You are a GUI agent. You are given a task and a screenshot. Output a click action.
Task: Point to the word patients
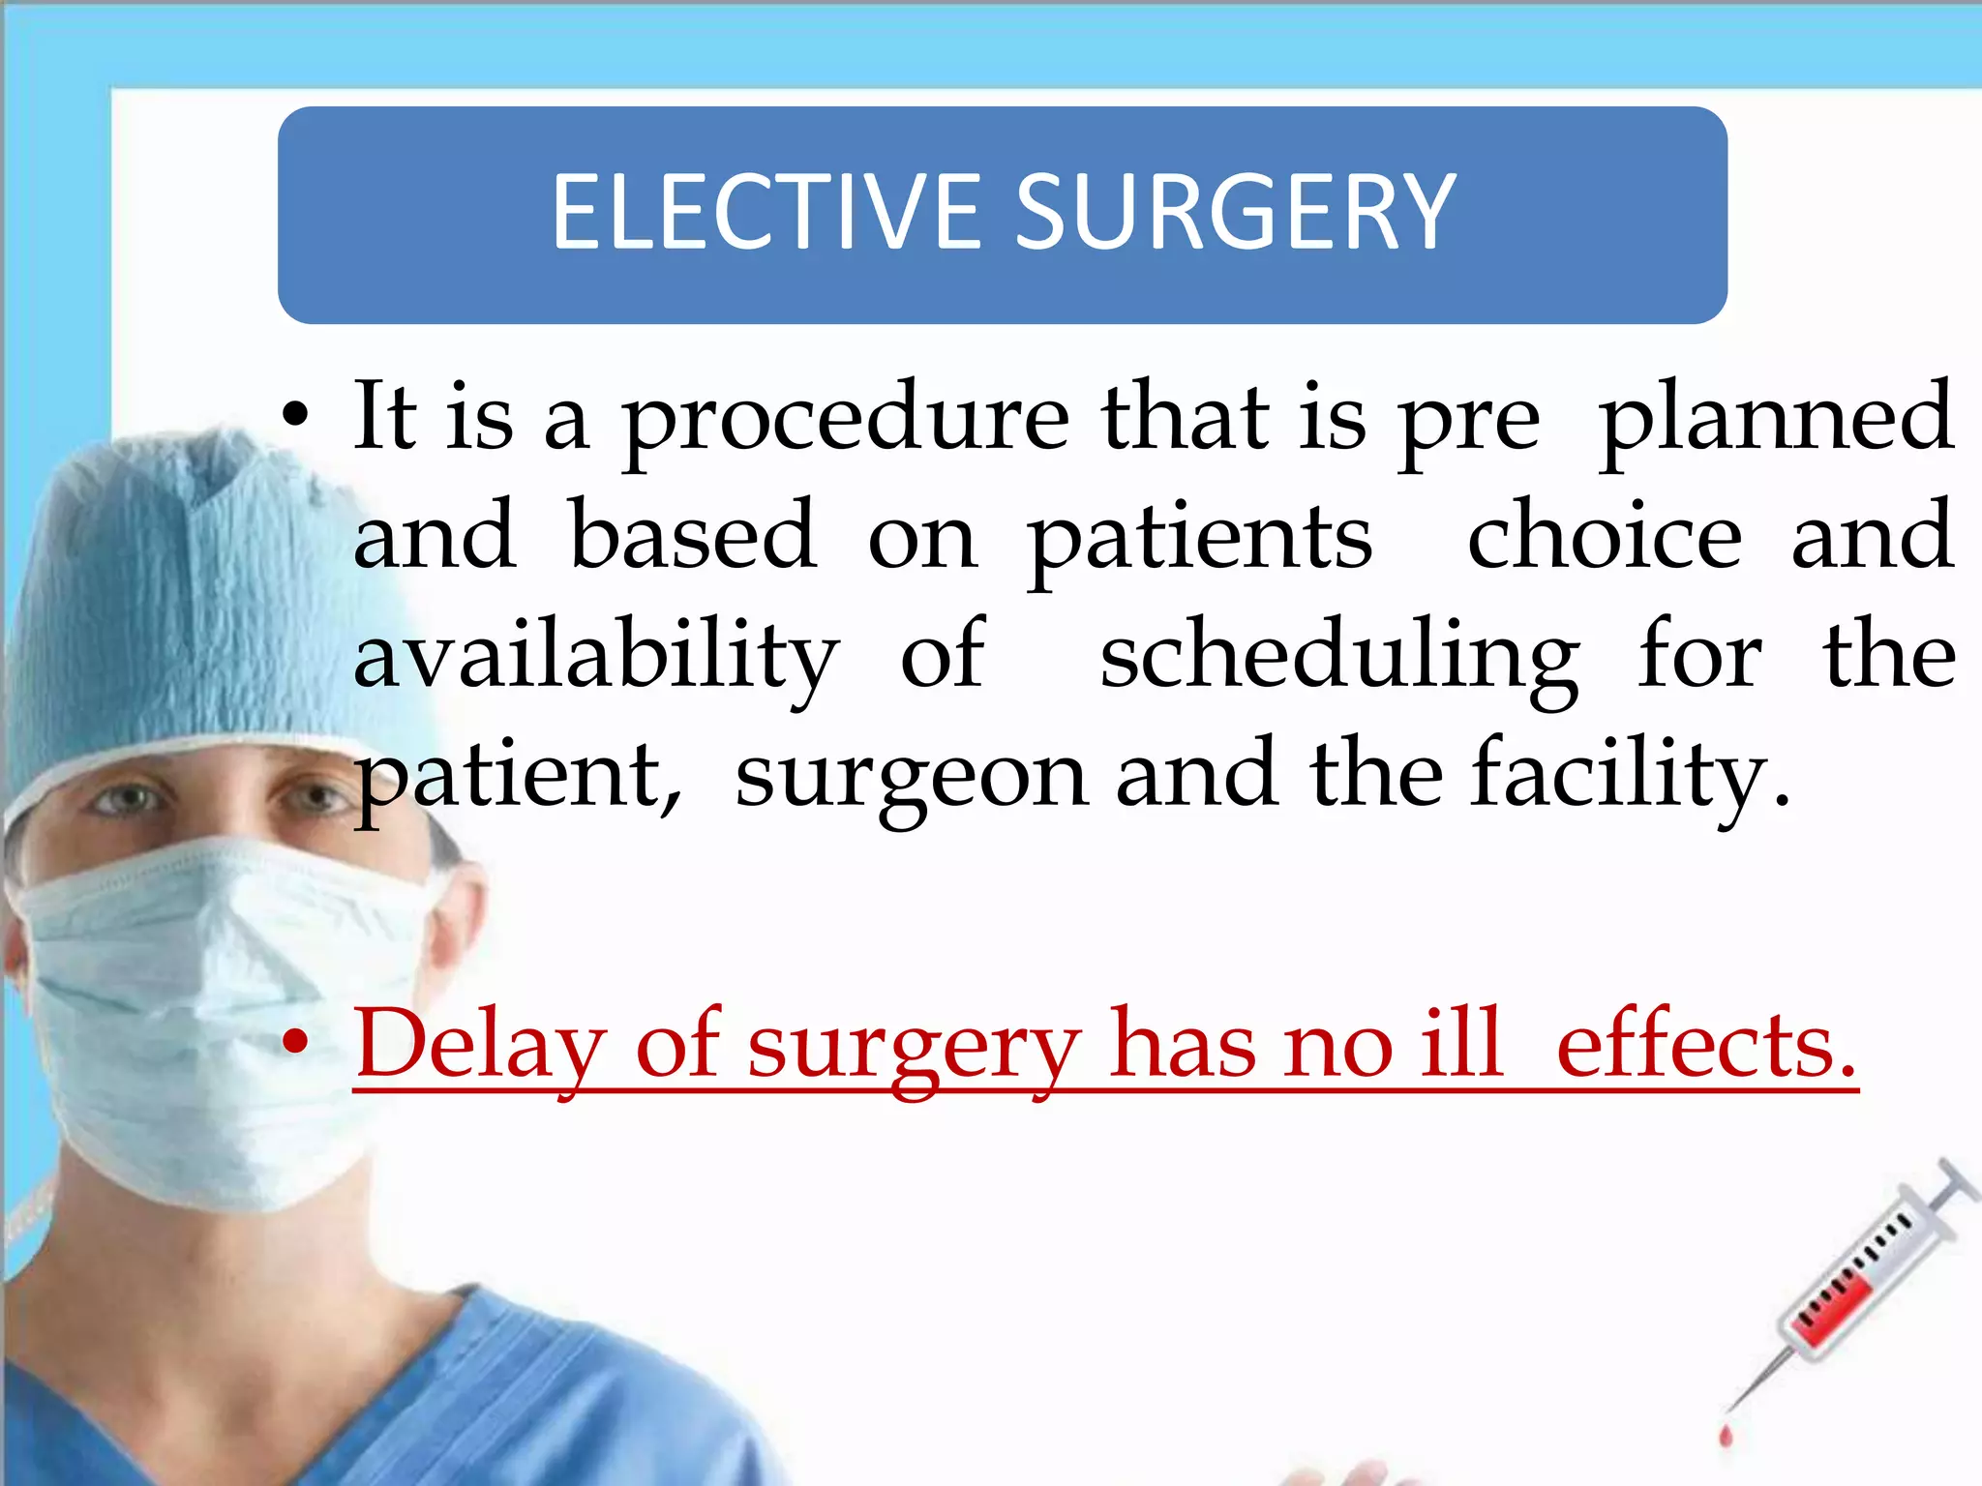[1199, 538]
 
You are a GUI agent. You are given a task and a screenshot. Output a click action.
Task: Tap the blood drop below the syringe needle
[1724, 1434]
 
